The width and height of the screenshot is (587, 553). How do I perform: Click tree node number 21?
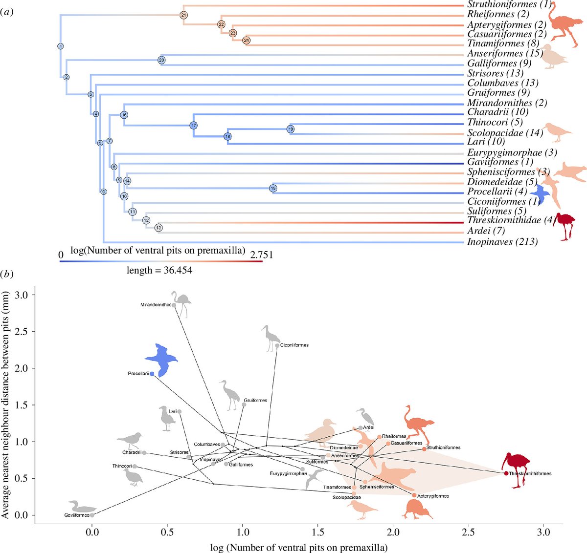tap(183, 15)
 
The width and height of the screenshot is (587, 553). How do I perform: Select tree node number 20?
tap(161, 60)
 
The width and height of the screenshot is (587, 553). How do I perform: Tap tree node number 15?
tap(273, 188)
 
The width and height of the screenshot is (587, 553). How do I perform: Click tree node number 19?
tap(290, 129)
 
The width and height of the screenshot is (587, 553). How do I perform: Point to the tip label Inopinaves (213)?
tap(502, 242)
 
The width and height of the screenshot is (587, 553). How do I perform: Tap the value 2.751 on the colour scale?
tap(262, 255)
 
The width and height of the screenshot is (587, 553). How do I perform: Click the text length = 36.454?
tap(159, 270)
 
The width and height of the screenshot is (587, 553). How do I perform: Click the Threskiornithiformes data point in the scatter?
tap(506, 473)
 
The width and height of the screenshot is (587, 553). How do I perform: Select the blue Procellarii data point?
tap(152, 374)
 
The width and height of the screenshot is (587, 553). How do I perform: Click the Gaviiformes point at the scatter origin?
tap(92, 515)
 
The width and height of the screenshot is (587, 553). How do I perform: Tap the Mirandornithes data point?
tap(174, 305)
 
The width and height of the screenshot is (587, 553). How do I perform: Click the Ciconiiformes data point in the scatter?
tap(277, 345)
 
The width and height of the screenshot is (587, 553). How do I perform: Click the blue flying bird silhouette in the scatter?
tap(162, 359)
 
